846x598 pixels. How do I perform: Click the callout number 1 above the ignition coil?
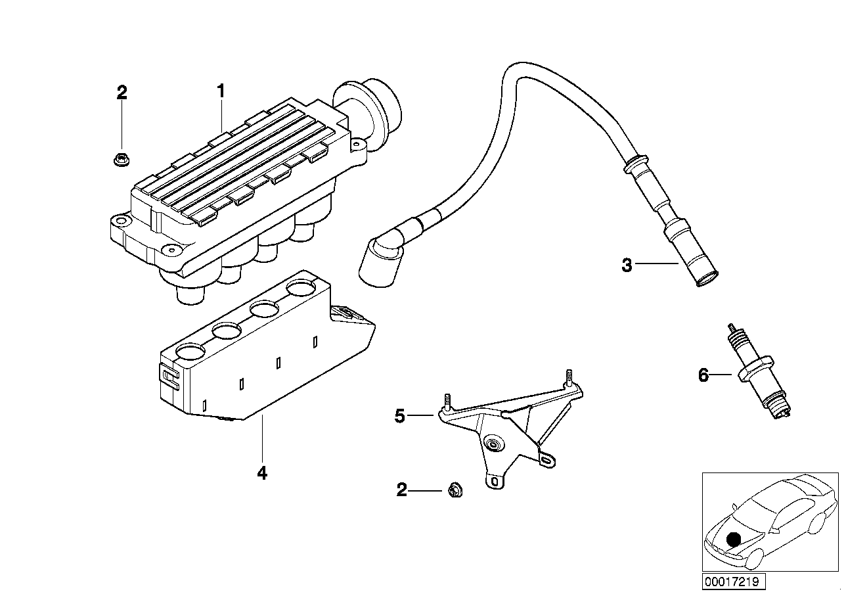(x=221, y=91)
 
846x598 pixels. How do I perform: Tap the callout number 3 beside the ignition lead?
(x=627, y=265)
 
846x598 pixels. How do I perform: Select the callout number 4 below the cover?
(x=262, y=473)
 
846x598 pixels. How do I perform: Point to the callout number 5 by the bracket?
(x=400, y=417)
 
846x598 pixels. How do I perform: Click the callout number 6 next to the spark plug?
(x=703, y=375)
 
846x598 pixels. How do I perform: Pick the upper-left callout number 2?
(x=122, y=93)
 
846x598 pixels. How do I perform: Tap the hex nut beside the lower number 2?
(x=453, y=490)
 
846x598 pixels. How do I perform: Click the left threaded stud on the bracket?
(x=448, y=401)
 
